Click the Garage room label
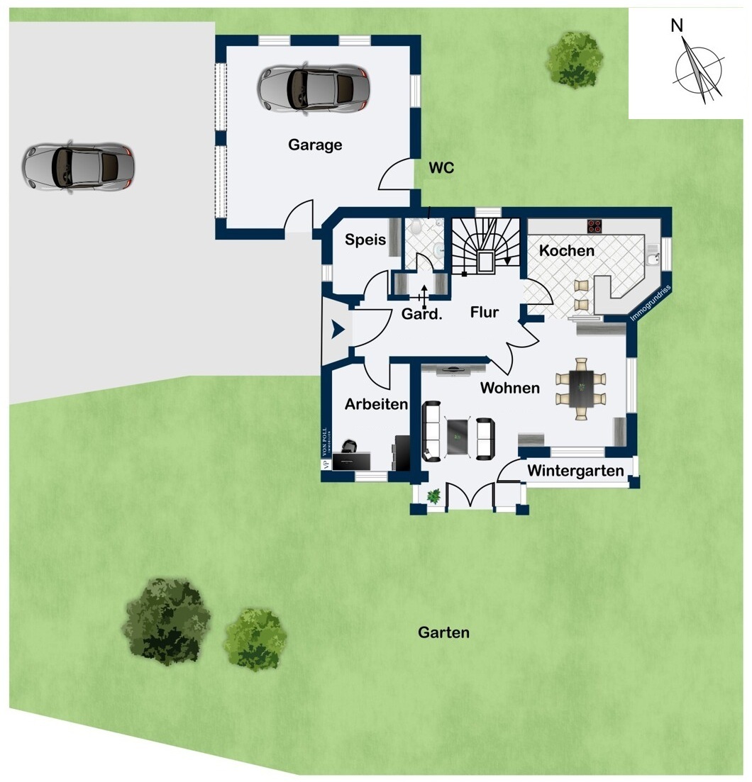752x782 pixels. [x=315, y=145]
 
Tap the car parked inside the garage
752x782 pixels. [x=314, y=89]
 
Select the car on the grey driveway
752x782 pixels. [x=78, y=167]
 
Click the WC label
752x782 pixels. [x=441, y=167]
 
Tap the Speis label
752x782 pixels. [x=365, y=240]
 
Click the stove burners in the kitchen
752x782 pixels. [x=595, y=226]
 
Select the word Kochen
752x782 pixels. [x=566, y=250]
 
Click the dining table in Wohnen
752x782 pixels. [x=581, y=389]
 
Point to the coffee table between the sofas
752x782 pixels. [x=458, y=437]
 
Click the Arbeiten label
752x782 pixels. [x=376, y=404]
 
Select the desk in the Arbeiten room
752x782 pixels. [x=351, y=461]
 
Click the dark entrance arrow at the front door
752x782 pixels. [x=338, y=329]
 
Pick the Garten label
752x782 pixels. [x=443, y=632]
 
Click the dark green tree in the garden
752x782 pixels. [x=167, y=621]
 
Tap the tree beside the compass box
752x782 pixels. [x=575, y=60]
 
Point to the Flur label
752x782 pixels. [x=484, y=312]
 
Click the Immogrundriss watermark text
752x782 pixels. [x=651, y=303]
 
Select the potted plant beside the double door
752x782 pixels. [x=433, y=496]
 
